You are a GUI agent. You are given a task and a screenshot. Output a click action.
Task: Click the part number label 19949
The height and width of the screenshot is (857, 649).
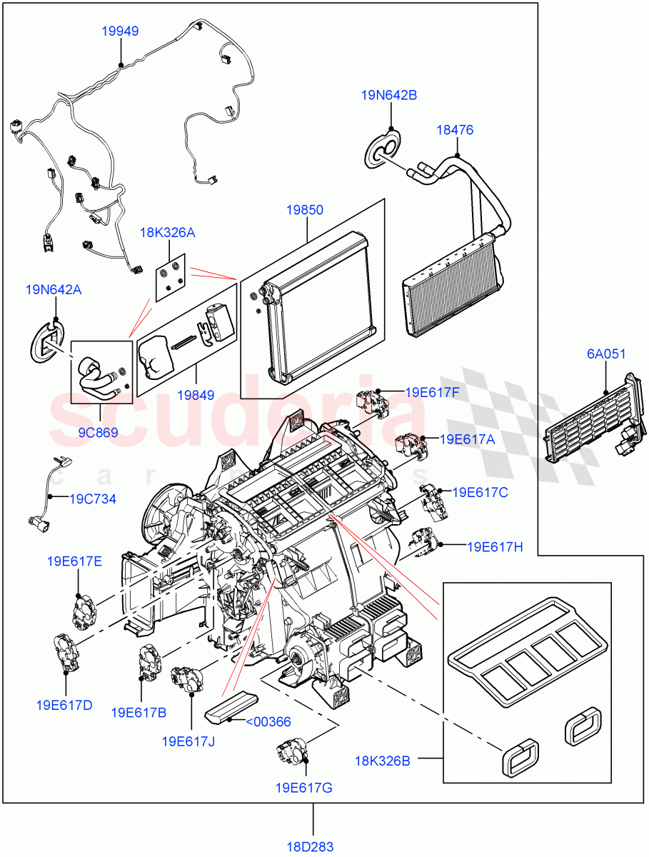[119, 31]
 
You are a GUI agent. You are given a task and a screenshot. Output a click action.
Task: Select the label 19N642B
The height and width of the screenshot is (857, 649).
[388, 94]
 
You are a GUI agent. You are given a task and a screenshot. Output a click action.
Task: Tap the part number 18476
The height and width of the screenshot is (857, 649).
[455, 130]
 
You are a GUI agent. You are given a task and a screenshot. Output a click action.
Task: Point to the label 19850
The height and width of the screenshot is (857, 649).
[305, 210]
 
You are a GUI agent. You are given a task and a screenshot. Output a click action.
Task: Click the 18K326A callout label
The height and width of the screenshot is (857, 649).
[167, 232]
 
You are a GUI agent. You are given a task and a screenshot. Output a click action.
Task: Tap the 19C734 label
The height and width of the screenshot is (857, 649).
[93, 498]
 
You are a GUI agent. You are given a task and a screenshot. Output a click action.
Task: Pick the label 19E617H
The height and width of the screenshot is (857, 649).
[495, 547]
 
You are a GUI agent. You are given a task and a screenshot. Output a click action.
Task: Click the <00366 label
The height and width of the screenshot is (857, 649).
[268, 721]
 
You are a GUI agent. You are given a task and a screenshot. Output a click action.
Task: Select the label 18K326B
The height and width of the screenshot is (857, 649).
[383, 761]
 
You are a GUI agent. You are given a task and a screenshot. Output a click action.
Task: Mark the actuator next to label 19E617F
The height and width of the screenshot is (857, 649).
[371, 403]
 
